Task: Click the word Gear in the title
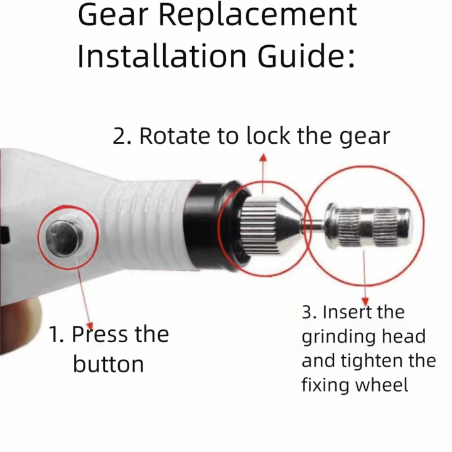point(113,16)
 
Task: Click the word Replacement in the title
point(258,16)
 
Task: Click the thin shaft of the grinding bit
point(314,225)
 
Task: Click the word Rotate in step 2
point(175,136)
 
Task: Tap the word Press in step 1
point(100,335)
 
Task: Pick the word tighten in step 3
point(374,362)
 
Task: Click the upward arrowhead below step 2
point(263,156)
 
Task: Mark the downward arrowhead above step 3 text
point(365,302)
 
